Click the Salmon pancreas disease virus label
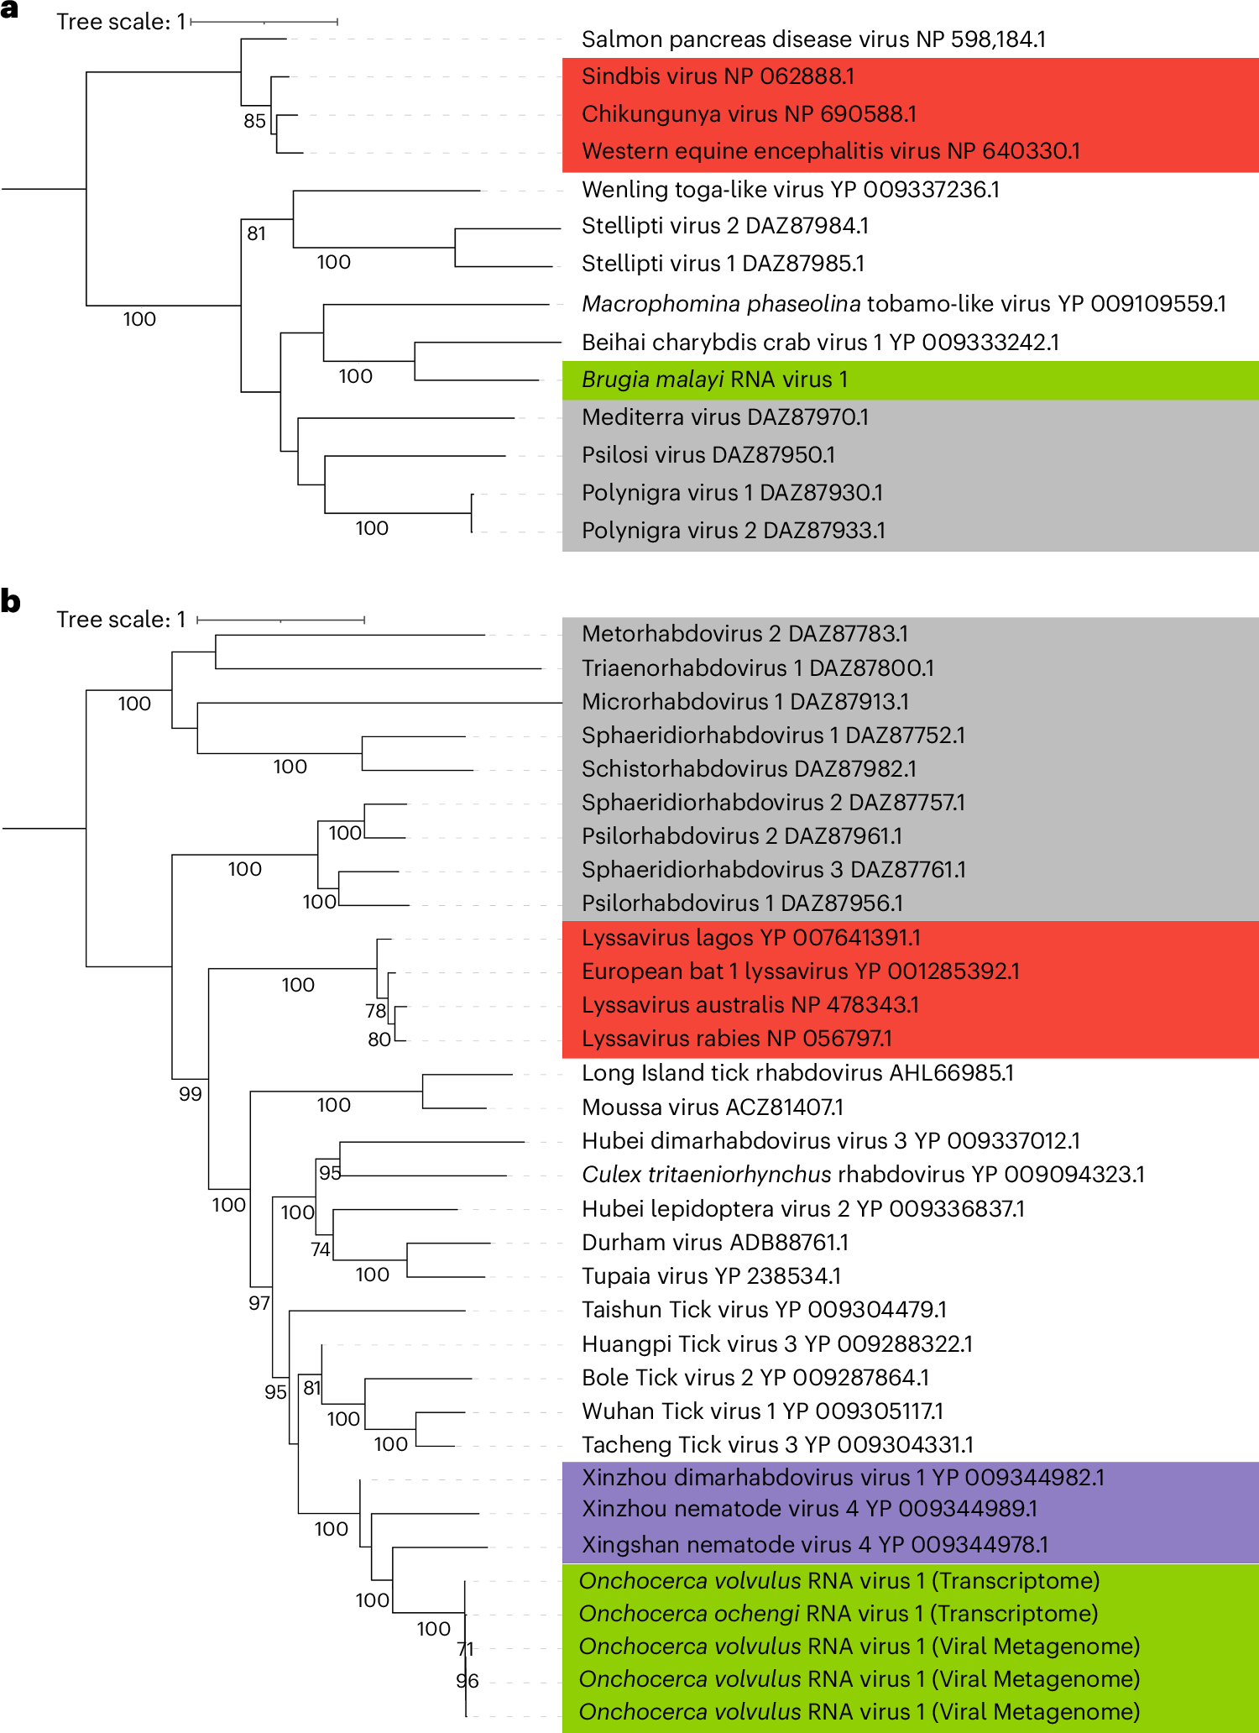[813, 39]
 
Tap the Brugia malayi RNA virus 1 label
[714, 380]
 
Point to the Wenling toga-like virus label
[790, 190]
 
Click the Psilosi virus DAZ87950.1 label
[708, 455]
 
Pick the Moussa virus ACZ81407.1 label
[713, 1107]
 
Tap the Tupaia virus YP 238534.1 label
[711, 1276]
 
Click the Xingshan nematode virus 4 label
[814, 1545]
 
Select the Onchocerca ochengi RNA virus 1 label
[838, 1614]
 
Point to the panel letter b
[10, 601]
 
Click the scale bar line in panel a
[264, 22]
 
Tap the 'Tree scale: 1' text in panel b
[121, 620]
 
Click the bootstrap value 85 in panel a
[254, 121]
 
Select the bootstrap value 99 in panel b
[191, 1094]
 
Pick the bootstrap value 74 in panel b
[321, 1249]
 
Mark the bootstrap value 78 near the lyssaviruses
[375, 1011]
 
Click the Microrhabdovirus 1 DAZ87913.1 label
[744, 702]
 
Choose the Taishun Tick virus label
[764, 1310]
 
